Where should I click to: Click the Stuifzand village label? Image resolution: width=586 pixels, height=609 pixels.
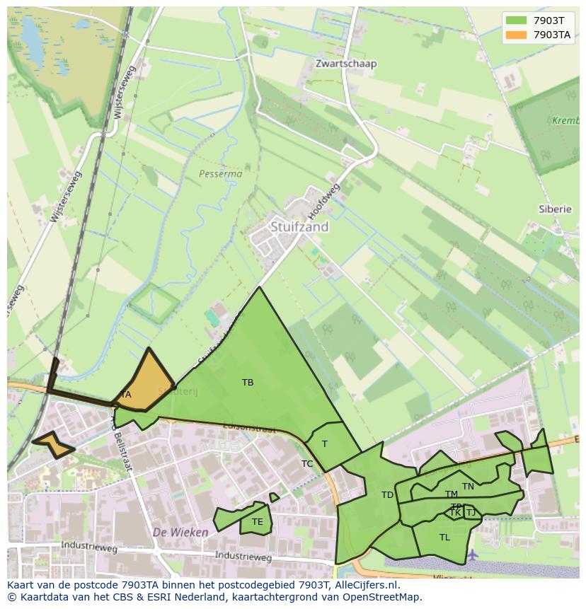pos(299,227)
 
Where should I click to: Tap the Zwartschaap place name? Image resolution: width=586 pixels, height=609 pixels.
pos(346,64)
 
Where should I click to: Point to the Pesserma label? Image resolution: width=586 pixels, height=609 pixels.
pos(220,173)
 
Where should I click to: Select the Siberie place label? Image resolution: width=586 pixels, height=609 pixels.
pos(554,209)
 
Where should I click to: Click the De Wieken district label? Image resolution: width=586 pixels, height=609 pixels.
pos(180,532)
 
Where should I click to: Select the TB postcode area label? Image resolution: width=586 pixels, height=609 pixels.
pos(248,383)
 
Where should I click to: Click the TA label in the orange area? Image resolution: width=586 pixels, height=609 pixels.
pos(125,395)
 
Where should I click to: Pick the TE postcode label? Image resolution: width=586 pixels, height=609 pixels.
pos(257,523)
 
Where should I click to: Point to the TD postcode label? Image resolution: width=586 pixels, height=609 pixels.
pos(387,495)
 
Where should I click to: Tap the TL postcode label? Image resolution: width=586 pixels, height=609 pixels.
pos(444,538)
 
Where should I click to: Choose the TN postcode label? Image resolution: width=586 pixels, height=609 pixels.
pos(468,487)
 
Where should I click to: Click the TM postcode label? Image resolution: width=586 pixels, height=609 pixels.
pos(451,494)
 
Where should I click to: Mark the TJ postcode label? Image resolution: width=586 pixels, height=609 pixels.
pos(471,513)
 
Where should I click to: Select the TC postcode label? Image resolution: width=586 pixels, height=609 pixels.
pos(307,464)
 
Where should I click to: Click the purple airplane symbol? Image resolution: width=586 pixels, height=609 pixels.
pos(472,553)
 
